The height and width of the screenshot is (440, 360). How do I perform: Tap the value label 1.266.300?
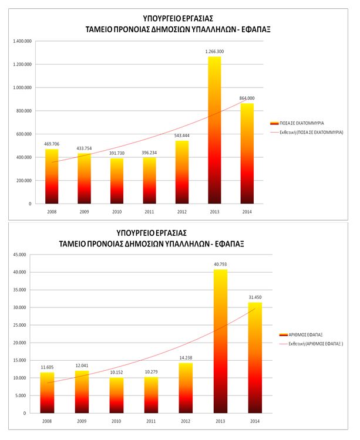[214, 52]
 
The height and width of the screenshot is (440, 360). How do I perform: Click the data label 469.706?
[52, 144]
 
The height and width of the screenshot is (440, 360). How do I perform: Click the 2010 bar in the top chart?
[116, 181]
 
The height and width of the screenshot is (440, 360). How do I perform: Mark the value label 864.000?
[247, 98]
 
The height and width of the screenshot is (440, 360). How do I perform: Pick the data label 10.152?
[116, 373]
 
